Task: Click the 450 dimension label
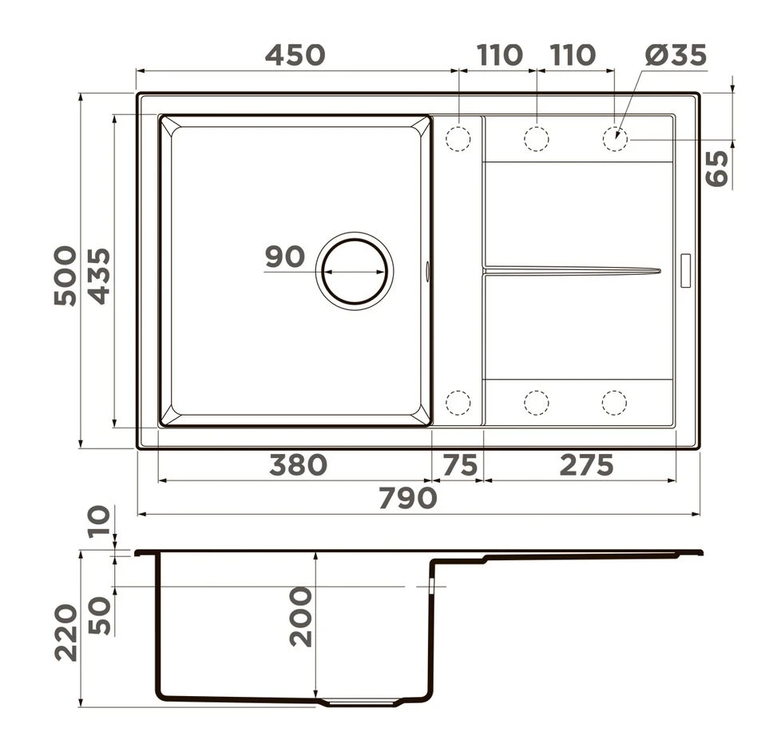tap(295, 55)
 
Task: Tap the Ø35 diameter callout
tap(676, 54)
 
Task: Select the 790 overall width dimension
tap(408, 498)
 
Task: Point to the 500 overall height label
tap(65, 275)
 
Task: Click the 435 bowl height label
tap(98, 275)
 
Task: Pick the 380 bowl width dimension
tap(299, 465)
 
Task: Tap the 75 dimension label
tap(460, 465)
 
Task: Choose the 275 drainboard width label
tap(587, 465)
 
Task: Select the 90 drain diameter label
tap(285, 257)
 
